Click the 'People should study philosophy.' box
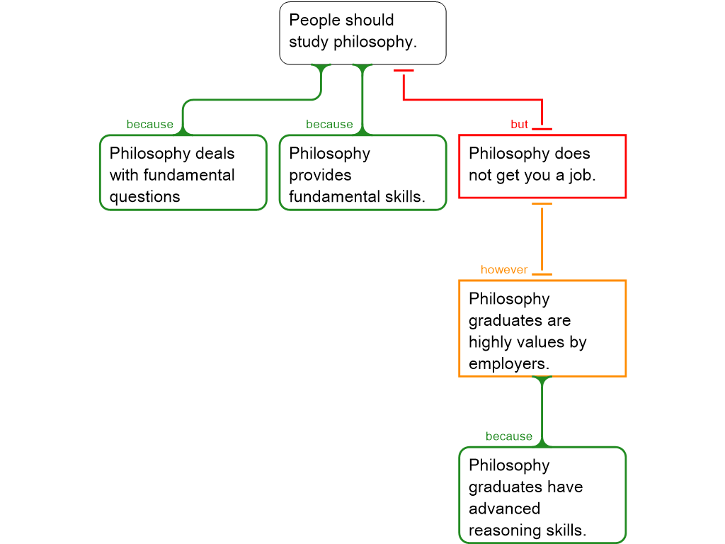coord(362,33)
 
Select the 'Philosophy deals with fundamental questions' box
coord(183,173)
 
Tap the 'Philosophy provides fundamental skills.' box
coord(362,173)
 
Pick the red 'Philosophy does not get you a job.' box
coord(542,166)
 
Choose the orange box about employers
coord(542,328)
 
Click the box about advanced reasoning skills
coord(542,495)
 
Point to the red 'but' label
coord(519,125)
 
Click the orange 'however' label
coord(504,270)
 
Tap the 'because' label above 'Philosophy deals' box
coord(149,125)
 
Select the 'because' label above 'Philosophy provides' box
coord(329,125)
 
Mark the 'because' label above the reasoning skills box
coord(509,436)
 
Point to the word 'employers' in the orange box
coord(508,364)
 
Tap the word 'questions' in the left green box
coord(144,197)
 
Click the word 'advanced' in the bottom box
coord(504,509)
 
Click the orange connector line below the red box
coord(542,239)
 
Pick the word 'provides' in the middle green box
coord(320,175)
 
